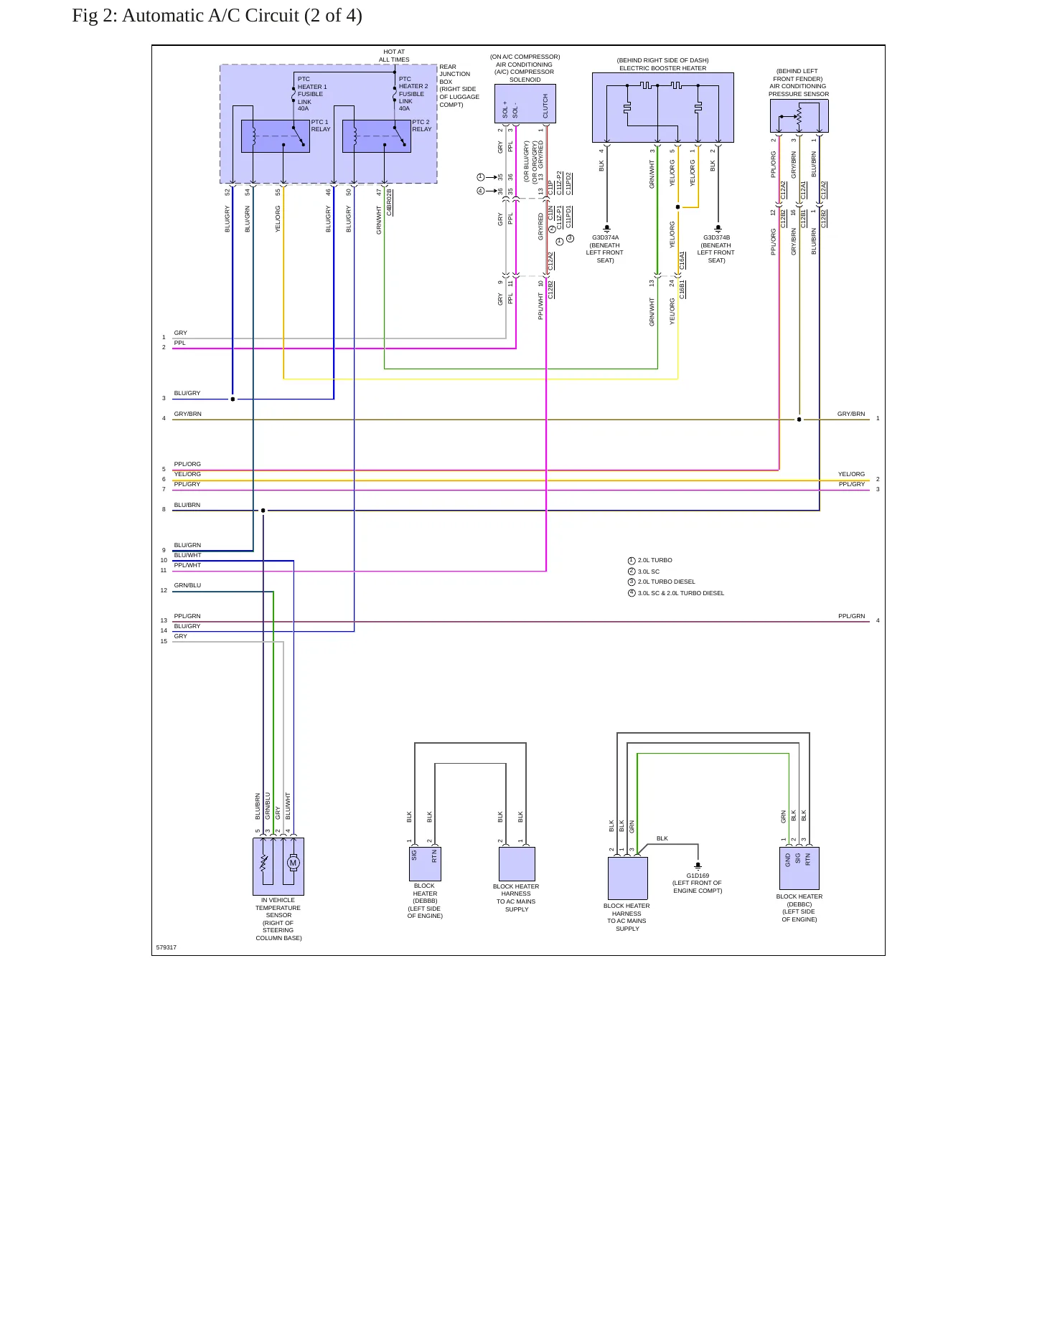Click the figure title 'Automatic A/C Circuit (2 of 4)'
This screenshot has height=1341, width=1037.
242,16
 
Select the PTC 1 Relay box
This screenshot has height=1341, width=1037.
276,136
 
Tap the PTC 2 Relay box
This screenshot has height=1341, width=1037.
377,136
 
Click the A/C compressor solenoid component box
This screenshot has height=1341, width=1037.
525,104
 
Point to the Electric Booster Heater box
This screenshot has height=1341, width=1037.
663,108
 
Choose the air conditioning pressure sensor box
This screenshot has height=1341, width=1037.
799,116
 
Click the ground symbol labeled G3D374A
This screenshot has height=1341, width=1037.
606,229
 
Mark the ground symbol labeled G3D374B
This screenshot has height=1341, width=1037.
718,229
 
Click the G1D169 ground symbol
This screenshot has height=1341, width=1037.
698,866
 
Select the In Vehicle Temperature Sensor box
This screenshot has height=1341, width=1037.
278,866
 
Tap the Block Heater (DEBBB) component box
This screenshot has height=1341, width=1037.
425,864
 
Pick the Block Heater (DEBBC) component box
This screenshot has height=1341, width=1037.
799,868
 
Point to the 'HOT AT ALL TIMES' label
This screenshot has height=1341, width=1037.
394,56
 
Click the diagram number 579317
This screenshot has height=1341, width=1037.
166,947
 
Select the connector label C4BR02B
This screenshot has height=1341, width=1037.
390,202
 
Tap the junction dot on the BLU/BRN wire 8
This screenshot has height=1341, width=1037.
263,511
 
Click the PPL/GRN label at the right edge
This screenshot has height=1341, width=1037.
852,616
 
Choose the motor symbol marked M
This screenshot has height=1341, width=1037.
293,863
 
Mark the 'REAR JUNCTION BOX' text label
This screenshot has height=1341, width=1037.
455,74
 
